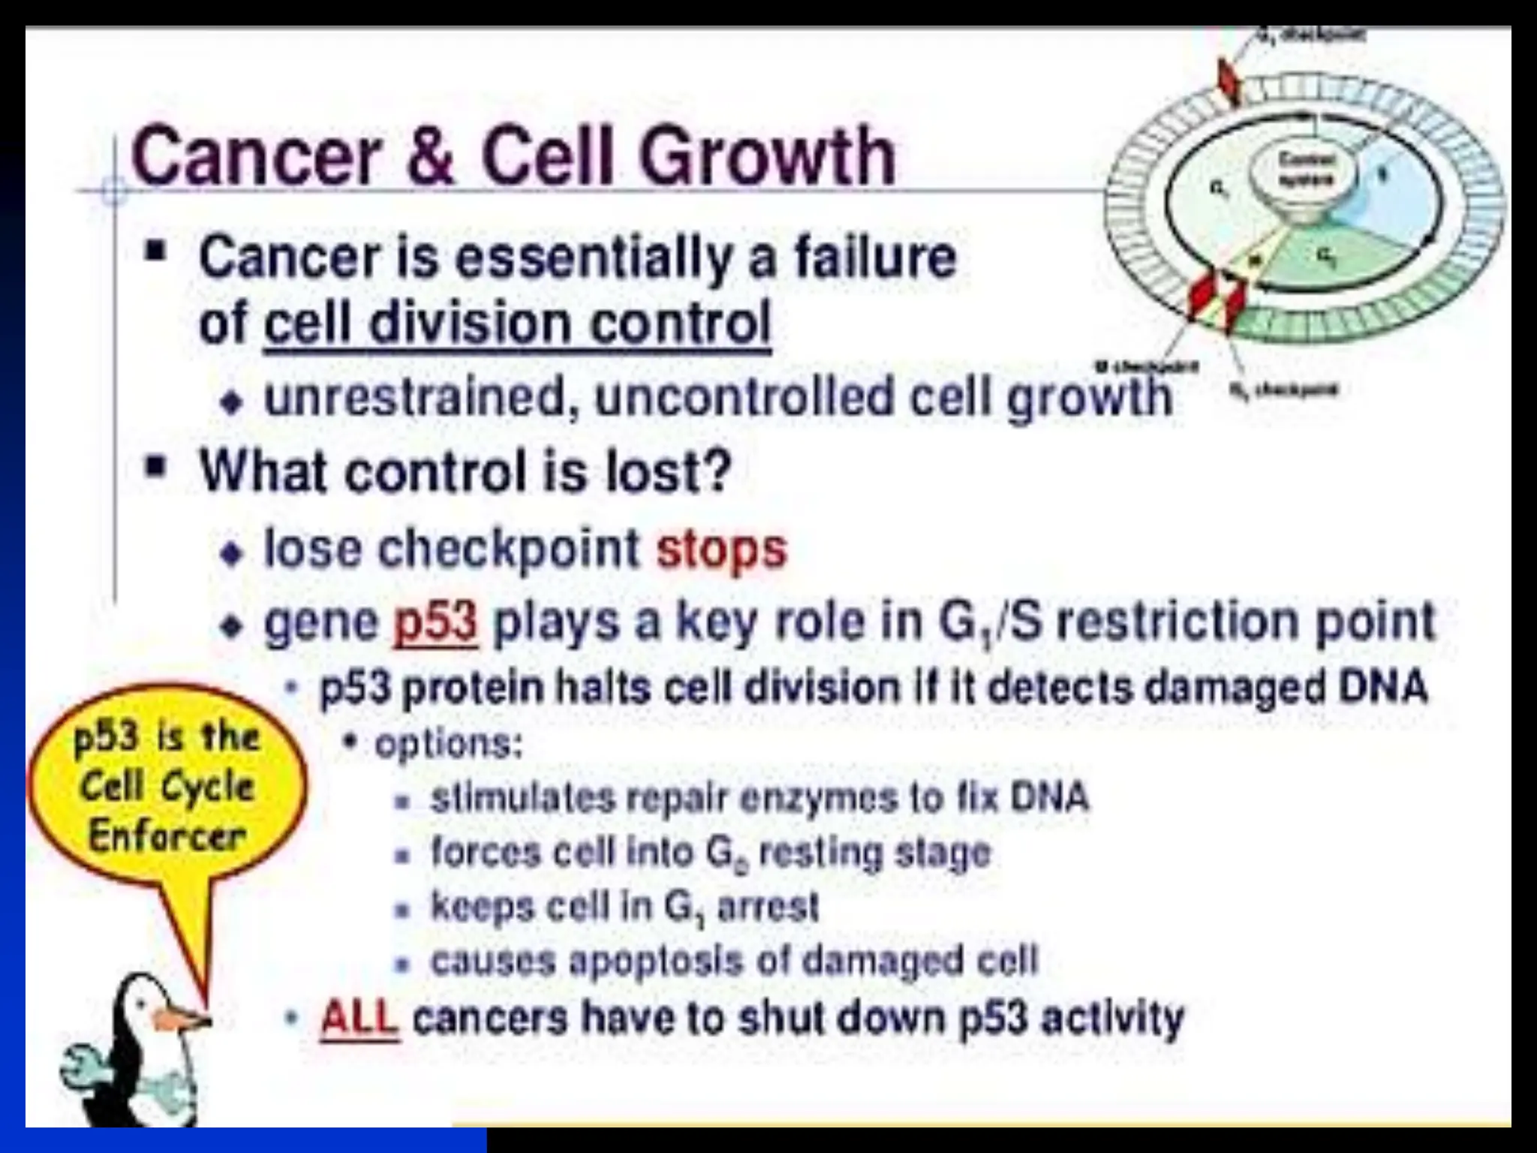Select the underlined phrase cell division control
tap(516, 323)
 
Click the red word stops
tap(721, 549)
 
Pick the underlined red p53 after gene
tap(435, 622)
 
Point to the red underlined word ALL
tap(359, 1019)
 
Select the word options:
tap(448, 744)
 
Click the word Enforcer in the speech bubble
tap(167, 835)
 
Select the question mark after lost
tap(717, 471)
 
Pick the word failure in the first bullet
tap(875, 257)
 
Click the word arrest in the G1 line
tap(768, 907)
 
